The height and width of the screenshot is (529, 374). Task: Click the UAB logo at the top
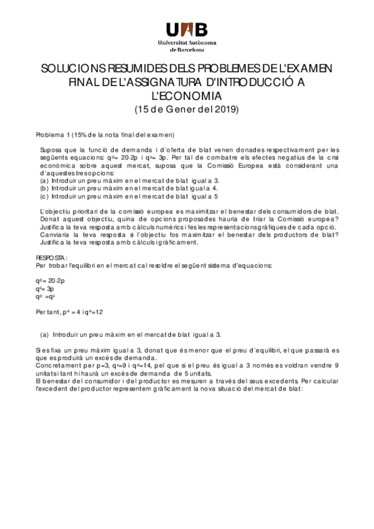(187, 29)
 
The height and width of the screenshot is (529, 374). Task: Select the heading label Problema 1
(53, 135)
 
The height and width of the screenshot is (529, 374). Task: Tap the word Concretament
(56, 366)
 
